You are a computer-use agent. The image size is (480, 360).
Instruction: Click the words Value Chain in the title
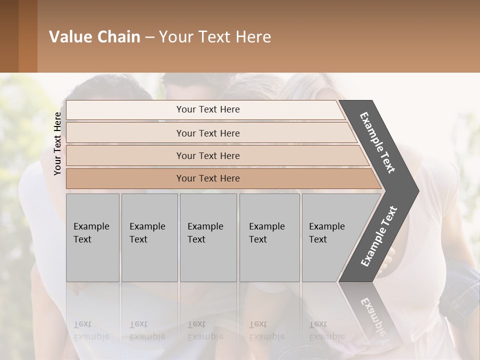click(94, 37)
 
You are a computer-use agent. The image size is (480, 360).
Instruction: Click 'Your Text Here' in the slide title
click(215, 37)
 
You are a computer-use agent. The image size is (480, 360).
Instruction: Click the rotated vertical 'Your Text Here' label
click(57, 143)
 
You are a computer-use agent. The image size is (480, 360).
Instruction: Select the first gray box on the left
click(92, 237)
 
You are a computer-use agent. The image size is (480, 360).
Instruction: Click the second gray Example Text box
click(149, 237)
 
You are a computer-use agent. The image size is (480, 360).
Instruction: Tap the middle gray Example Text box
click(208, 237)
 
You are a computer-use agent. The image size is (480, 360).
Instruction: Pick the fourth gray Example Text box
click(269, 237)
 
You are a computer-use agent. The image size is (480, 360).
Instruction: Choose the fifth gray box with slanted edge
click(330, 237)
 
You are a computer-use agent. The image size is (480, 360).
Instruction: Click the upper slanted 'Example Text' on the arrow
click(378, 142)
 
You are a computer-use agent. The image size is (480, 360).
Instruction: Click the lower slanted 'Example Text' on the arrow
click(378, 236)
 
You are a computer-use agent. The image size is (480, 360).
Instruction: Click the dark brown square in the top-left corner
click(9, 36)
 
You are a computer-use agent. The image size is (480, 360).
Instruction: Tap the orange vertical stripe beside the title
click(28, 36)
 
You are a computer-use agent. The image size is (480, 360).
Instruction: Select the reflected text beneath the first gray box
click(91, 330)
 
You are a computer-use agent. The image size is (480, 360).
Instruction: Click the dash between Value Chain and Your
click(149, 37)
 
